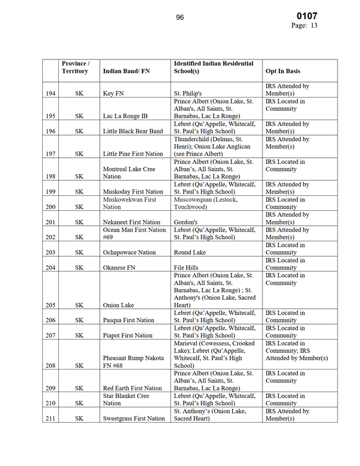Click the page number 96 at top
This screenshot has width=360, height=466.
pos(179,17)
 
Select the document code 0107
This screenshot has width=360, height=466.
pos(306,16)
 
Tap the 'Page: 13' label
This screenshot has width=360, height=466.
pos(304,25)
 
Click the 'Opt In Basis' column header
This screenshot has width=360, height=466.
pos(283,71)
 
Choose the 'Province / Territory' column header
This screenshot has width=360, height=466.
pos(75,67)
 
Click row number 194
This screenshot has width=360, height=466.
pos(50,94)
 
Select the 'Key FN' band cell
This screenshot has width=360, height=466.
pos(116,94)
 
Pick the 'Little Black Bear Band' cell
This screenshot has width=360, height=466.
pos(133,131)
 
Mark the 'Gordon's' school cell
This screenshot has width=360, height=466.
pos(187,222)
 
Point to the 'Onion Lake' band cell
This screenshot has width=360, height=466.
pos(119,305)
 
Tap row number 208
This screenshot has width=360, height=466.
pos(50,366)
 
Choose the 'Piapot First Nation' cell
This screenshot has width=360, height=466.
pos(127,335)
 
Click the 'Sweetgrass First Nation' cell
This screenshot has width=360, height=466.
pos(134,419)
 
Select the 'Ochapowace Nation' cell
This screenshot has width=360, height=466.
pos(129,252)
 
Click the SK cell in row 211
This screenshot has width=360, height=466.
pos(80,419)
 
